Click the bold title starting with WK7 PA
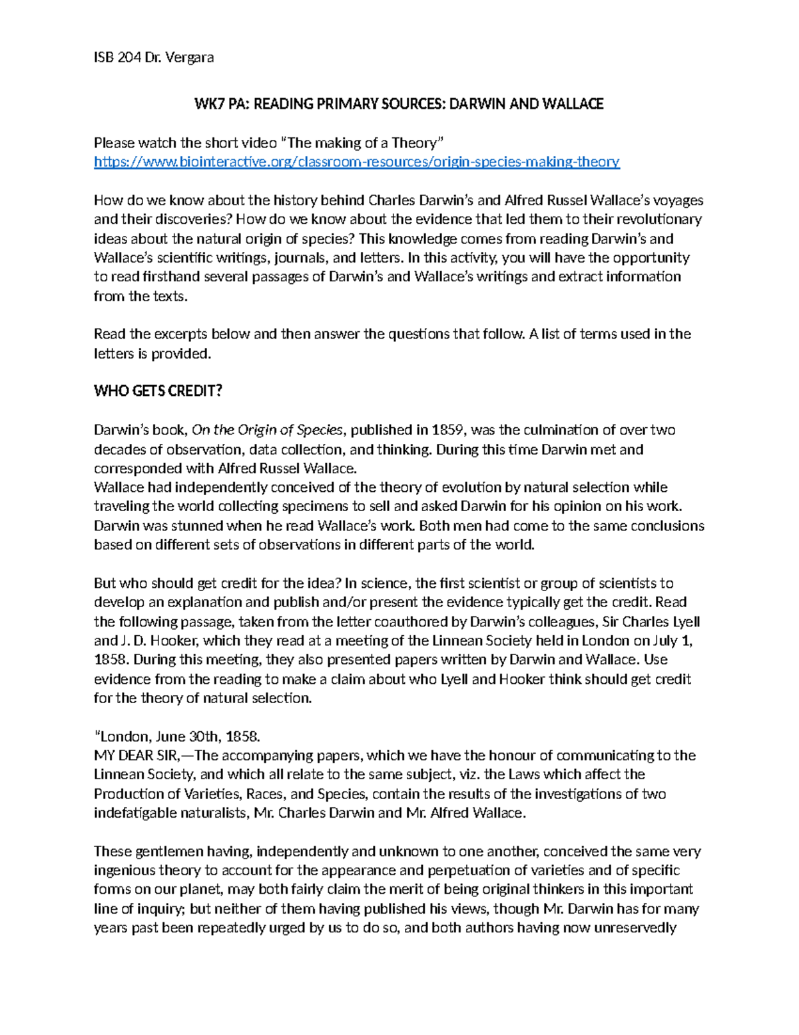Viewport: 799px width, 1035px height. [398, 104]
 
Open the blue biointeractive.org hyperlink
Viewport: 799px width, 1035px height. [356, 162]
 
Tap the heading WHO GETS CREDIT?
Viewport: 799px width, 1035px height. [158, 391]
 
